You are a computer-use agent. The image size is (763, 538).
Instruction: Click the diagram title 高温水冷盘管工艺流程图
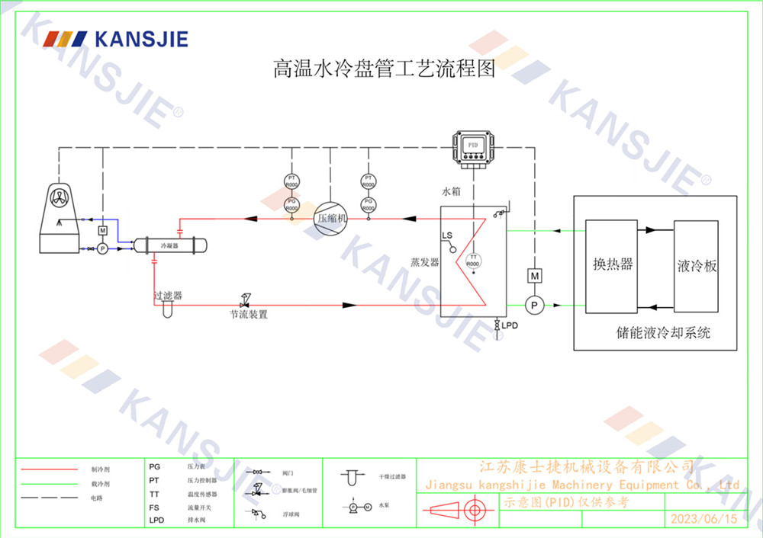pyautogui.click(x=385, y=69)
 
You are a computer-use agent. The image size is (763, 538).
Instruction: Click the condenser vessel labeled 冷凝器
pyautogui.click(x=169, y=245)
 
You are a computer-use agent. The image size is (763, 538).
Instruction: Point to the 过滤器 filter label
pyautogui.click(x=168, y=295)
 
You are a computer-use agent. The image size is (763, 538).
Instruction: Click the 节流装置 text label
pyautogui.click(x=250, y=314)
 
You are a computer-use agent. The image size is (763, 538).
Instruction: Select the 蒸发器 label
pyautogui.click(x=424, y=262)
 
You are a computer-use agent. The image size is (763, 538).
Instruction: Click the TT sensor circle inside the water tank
pyautogui.click(x=473, y=261)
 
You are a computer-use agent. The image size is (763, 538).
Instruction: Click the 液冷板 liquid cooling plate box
pyautogui.click(x=696, y=265)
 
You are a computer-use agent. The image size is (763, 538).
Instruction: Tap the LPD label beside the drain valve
pyautogui.click(x=509, y=325)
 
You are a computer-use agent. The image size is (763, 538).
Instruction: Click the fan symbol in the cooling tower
pyautogui.click(x=60, y=197)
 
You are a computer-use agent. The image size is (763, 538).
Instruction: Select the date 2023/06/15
pyautogui.click(x=703, y=519)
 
